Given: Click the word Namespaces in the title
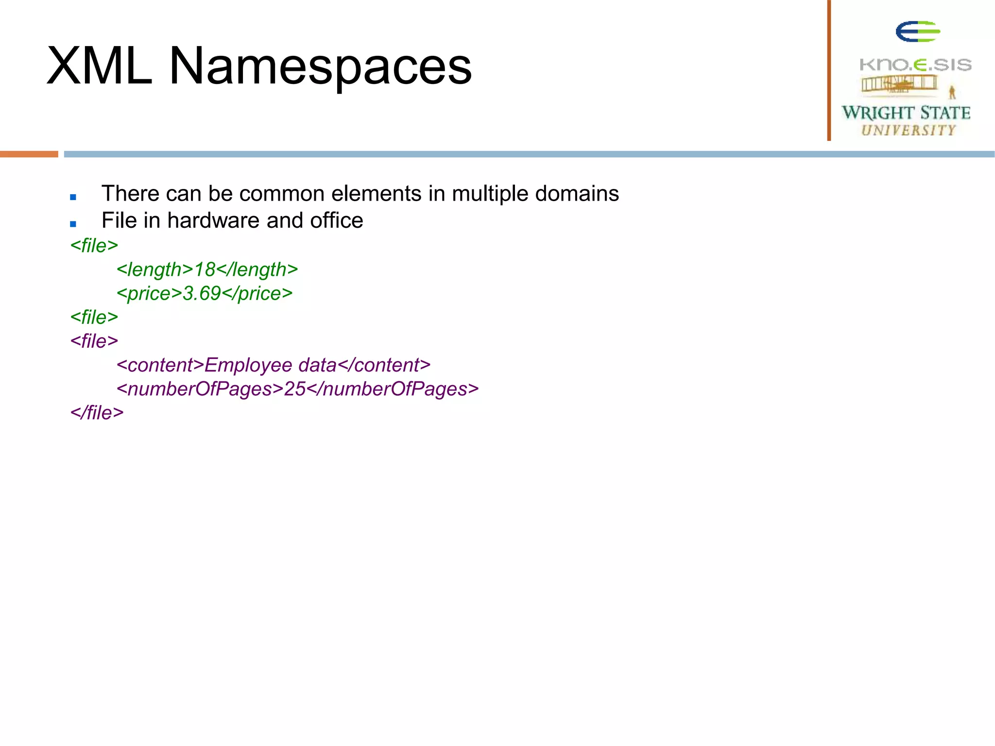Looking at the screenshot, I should (320, 67).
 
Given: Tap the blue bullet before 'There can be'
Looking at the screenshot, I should (73, 197).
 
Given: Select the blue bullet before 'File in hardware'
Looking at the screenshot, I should (73, 223).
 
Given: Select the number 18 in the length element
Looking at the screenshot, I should (205, 270).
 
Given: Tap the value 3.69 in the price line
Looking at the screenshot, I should (202, 293).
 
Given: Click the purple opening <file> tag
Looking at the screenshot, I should (94, 341).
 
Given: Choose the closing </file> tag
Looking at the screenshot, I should (97, 413).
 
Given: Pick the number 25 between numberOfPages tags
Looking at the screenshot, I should (294, 389).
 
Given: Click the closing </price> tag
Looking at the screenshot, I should (257, 293).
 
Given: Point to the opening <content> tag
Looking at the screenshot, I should (160, 365).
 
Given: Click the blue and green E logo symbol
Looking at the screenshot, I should (917, 32).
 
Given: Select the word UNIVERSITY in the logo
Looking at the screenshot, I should (909, 130).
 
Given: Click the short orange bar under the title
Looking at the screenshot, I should (29, 154).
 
